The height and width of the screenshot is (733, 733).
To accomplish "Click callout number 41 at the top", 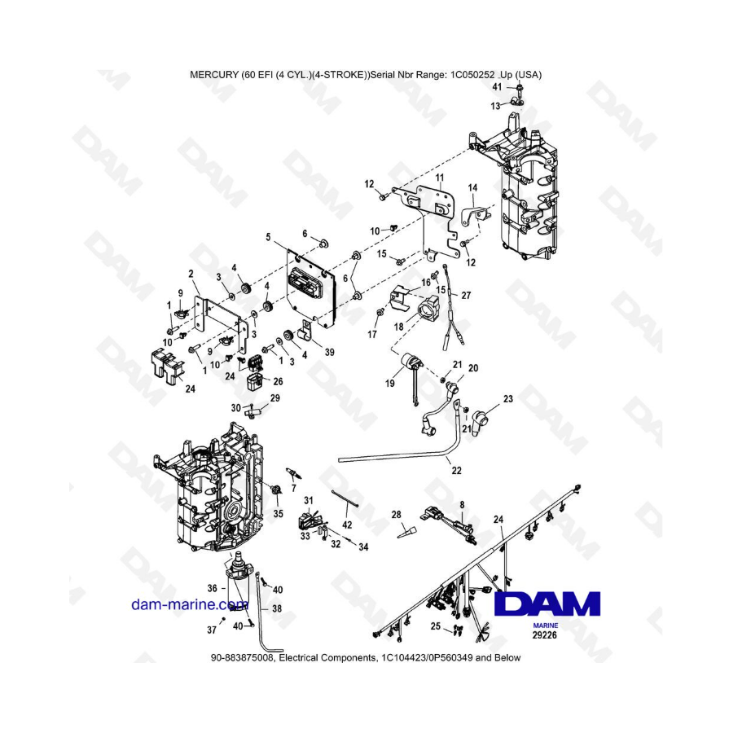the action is pyautogui.click(x=497, y=87).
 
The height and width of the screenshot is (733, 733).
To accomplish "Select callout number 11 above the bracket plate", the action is pyautogui.click(x=440, y=178).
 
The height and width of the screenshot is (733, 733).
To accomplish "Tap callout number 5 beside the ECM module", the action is pyautogui.click(x=268, y=238).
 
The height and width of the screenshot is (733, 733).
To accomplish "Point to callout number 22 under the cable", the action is pyautogui.click(x=456, y=470).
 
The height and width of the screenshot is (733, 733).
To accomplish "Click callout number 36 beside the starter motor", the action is pyautogui.click(x=213, y=588).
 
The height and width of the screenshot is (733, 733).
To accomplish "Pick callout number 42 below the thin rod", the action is pyautogui.click(x=347, y=525).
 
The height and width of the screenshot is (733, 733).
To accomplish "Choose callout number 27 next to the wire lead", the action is pyautogui.click(x=466, y=296).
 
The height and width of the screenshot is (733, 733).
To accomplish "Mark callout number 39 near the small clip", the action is pyautogui.click(x=330, y=352).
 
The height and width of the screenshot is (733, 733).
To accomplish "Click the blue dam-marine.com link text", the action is pyautogui.click(x=190, y=604).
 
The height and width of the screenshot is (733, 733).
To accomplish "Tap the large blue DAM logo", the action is pyautogui.click(x=547, y=604).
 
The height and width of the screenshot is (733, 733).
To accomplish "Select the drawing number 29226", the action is pyautogui.click(x=545, y=634).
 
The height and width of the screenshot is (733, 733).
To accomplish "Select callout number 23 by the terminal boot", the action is pyautogui.click(x=508, y=399).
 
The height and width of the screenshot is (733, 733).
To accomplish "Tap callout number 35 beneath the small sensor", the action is pyautogui.click(x=279, y=514).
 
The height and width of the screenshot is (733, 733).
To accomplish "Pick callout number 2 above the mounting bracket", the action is pyautogui.click(x=191, y=274).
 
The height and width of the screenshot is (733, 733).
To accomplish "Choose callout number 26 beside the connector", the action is pyautogui.click(x=279, y=381).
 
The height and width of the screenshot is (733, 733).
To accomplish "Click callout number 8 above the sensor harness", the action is pyautogui.click(x=463, y=505).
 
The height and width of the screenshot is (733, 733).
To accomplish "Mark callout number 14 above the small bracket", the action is pyautogui.click(x=472, y=187).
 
